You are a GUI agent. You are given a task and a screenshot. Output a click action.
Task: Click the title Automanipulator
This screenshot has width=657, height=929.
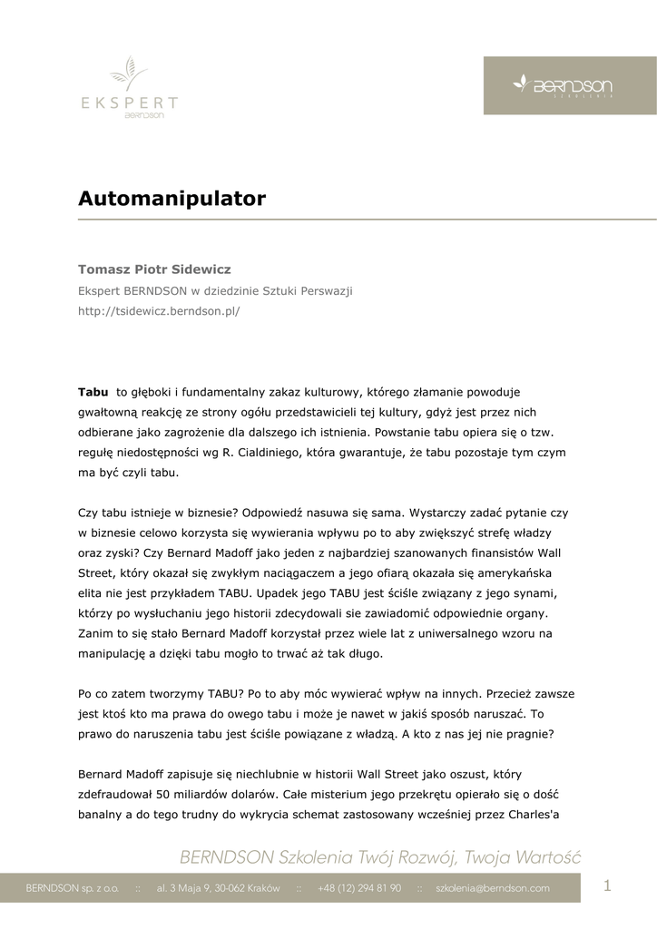172,199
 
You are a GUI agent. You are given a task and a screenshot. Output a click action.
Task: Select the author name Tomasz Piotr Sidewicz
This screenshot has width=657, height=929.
154,269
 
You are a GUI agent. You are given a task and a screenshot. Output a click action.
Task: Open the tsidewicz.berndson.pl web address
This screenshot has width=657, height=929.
159,311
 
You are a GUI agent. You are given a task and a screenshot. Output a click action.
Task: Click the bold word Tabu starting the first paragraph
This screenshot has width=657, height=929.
93,392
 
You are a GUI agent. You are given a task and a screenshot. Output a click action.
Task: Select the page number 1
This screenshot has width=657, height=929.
608,886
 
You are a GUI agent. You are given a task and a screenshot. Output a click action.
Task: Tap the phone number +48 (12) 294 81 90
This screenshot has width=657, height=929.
359,888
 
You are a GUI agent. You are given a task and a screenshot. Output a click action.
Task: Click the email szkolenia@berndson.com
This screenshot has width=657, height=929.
493,888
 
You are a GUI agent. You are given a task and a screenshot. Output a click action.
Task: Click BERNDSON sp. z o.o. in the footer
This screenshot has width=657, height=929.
72,888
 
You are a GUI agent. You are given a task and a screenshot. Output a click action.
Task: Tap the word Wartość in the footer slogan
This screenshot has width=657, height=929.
547,857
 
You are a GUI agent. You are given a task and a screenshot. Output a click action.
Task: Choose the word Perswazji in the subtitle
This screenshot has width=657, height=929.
325,290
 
